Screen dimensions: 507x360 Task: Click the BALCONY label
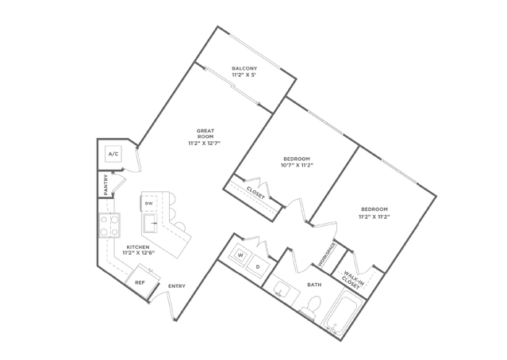pyautogui.click(x=244, y=68)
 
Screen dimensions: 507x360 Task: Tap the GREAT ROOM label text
pyautogui.click(x=205, y=133)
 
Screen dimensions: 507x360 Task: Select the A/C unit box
pyautogui.click(x=113, y=154)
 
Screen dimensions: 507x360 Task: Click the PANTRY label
pyautogui.click(x=106, y=185)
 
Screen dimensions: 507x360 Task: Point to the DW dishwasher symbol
pyautogui.click(x=148, y=204)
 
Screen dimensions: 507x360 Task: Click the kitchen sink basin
pyautogui.click(x=149, y=223)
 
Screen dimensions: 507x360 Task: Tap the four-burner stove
pyautogui.click(x=109, y=225)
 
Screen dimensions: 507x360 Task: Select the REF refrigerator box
pyautogui.click(x=142, y=281)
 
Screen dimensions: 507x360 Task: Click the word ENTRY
pyautogui.click(x=177, y=286)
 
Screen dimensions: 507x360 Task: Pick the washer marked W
pyautogui.click(x=240, y=255)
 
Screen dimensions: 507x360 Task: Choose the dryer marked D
pyautogui.click(x=258, y=267)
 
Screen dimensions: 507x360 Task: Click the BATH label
pyautogui.click(x=314, y=285)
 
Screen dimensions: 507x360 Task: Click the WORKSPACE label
pyautogui.click(x=326, y=255)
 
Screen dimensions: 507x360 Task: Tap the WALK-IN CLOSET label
pyautogui.click(x=352, y=280)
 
